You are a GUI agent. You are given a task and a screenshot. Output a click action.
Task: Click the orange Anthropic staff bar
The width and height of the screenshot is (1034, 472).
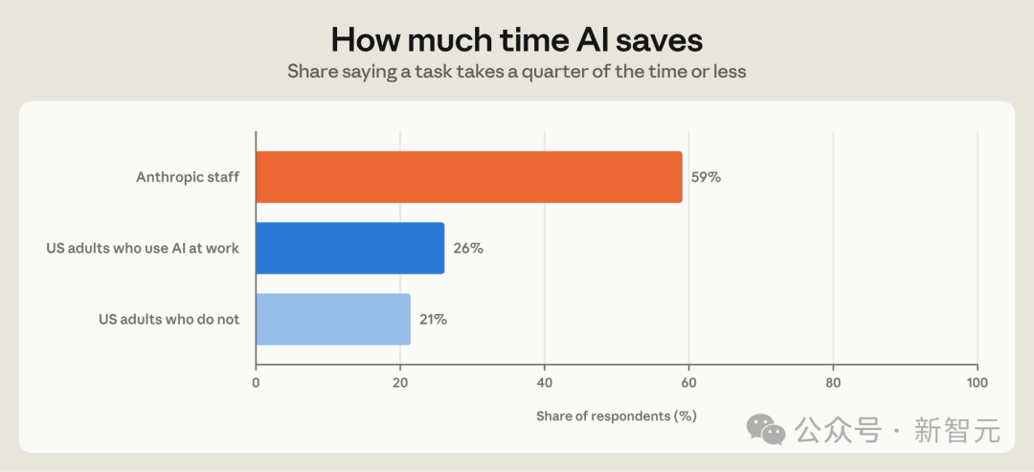[469, 177]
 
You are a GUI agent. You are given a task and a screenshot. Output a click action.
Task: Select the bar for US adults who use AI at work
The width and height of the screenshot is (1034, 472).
[350, 248]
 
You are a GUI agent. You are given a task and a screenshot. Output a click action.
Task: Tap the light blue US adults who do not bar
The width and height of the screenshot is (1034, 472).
[333, 319]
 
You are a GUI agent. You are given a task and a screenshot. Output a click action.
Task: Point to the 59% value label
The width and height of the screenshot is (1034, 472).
[706, 177]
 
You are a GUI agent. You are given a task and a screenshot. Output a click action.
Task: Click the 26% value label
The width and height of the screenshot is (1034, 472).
[467, 249]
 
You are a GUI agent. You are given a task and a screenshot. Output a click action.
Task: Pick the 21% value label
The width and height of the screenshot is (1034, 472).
[434, 320]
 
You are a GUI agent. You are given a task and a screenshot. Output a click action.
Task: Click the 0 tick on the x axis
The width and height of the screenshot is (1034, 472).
[256, 382]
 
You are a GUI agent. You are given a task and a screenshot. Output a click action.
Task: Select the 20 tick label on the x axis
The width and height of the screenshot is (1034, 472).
[400, 382]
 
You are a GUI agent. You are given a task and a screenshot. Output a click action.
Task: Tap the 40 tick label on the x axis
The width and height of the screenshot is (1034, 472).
[545, 382]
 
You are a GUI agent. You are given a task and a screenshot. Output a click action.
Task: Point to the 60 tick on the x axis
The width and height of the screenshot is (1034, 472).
[688, 382]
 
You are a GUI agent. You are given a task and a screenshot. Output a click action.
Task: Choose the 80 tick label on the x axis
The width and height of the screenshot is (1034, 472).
[833, 382]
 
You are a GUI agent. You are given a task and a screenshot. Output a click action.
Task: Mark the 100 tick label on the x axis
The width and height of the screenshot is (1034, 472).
[978, 382]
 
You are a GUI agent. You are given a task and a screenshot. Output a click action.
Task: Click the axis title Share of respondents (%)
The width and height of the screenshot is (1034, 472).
[617, 416]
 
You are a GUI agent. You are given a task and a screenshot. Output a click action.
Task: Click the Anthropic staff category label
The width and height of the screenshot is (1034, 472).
[188, 177]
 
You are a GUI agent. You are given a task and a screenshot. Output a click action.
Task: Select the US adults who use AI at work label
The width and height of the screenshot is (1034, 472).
[143, 249]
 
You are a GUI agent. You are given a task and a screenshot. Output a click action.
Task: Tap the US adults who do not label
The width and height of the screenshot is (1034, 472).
[169, 320]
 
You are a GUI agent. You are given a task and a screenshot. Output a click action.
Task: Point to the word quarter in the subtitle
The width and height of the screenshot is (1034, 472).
[551, 71]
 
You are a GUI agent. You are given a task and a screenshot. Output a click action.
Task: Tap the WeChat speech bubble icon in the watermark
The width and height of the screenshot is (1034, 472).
[766, 429]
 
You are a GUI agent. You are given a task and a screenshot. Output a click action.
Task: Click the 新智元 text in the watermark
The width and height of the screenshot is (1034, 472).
[956, 431]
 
